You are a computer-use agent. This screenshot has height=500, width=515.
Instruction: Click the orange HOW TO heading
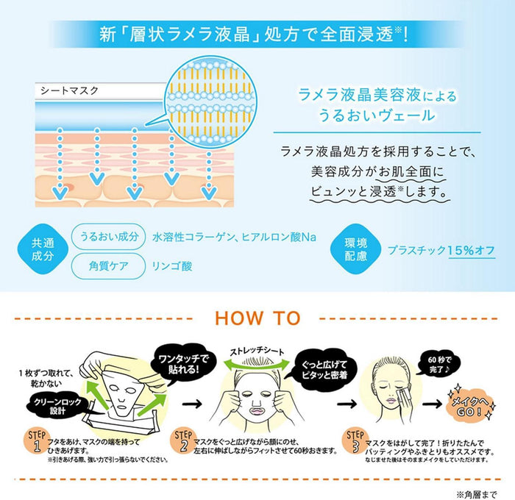257,318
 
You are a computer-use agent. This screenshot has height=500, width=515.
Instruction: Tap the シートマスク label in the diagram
69,90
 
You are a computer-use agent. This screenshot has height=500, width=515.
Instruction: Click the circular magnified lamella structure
210,101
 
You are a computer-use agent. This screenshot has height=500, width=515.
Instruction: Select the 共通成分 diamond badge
43,249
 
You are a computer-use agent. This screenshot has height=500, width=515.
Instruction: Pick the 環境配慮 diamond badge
355,249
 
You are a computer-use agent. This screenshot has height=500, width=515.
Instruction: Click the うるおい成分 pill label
109,236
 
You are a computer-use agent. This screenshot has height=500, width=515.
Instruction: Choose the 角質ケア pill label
109,266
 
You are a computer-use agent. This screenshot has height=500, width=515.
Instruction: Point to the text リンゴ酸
172,266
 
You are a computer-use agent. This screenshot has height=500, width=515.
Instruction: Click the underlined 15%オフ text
472,251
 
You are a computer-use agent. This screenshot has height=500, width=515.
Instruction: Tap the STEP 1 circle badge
36,441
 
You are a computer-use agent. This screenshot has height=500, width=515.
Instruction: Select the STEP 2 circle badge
183,441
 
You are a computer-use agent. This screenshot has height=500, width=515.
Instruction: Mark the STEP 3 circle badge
355,441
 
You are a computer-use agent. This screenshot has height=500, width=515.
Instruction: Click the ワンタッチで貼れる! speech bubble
183,364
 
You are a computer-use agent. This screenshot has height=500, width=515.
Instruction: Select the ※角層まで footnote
476,493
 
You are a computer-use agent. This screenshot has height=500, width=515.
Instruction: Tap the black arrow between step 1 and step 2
192,404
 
